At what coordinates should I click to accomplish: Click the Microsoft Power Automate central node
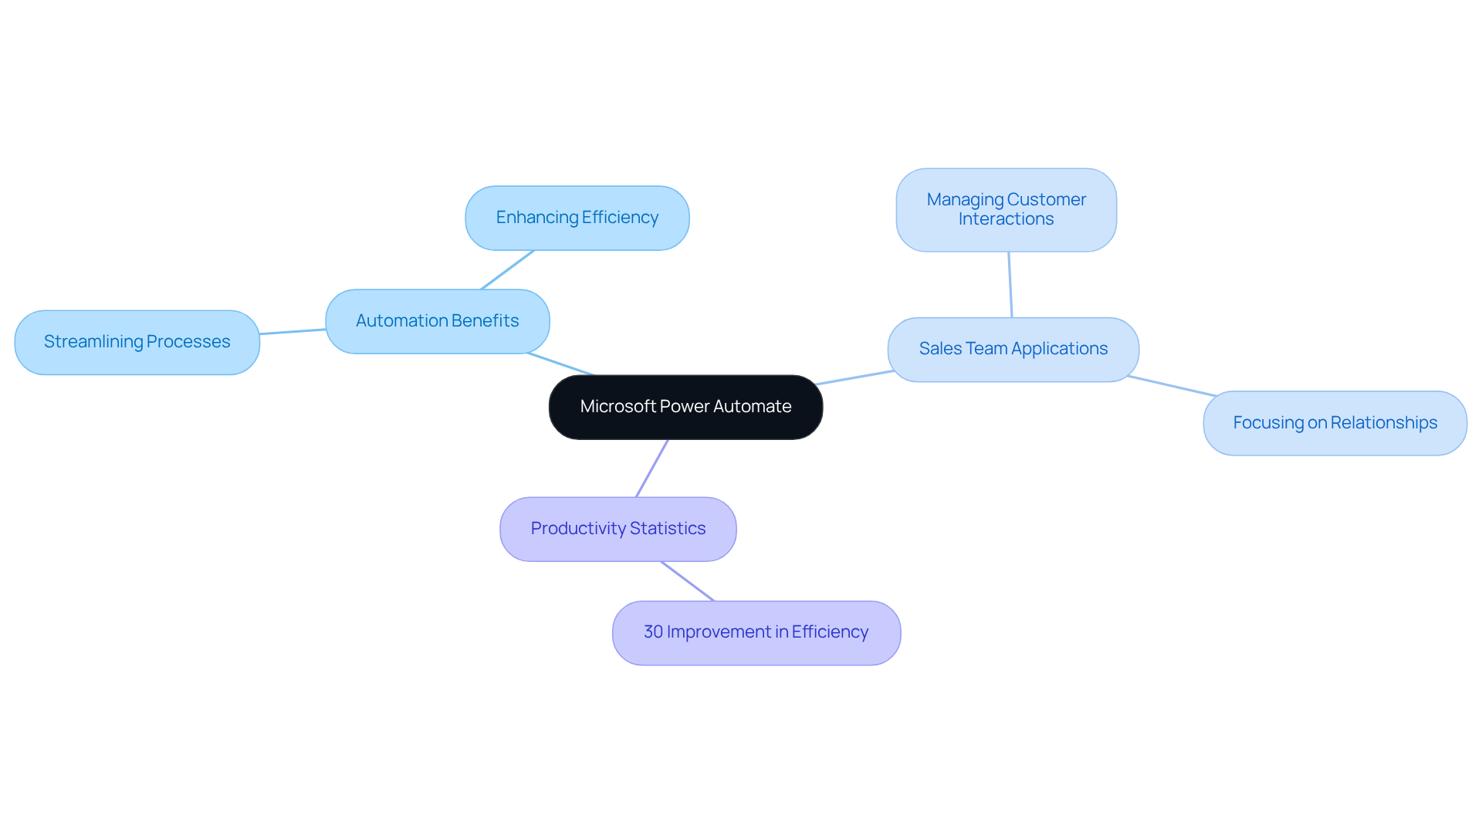(685, 407)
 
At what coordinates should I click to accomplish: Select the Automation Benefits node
(437, 321)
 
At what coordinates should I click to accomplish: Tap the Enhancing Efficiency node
(577, 218)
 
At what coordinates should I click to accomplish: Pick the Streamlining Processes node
(137, 342)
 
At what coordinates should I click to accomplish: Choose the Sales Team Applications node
(1013, 349)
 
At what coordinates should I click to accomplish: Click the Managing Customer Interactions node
(1006, 209)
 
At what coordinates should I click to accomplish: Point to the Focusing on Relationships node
(1335, 423)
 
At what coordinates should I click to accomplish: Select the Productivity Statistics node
(617, 529)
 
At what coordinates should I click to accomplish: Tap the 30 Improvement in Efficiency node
(756, 632)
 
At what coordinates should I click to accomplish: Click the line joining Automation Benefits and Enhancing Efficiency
(507, 270)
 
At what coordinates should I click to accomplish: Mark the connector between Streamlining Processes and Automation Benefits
(293, 332)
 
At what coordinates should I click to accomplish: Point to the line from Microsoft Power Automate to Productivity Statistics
(652, 468)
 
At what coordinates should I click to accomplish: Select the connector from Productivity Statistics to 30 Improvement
(687, 581)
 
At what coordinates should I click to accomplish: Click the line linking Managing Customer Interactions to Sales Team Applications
(1010, 284)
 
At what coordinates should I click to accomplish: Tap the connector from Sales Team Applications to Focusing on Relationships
(1172, 386)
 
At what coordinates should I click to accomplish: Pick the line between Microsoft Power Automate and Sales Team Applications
(855, 377)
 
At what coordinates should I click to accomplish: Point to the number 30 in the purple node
(653, 632)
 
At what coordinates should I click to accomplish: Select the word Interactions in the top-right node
(1006, 219)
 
